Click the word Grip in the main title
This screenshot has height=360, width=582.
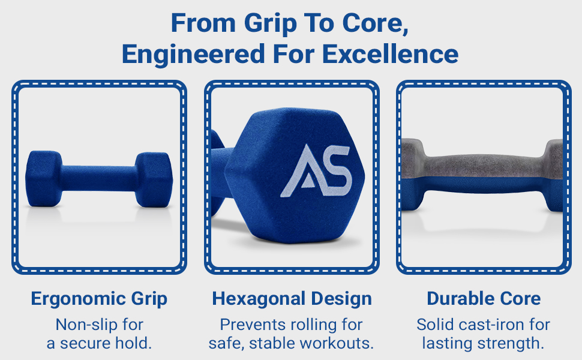270,25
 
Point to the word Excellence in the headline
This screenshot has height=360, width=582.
391,55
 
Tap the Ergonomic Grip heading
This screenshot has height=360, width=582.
99,299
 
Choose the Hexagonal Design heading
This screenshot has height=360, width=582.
292,299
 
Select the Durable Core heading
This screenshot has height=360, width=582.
484,299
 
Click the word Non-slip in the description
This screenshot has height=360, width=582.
82,325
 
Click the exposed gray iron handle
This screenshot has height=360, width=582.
480,161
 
